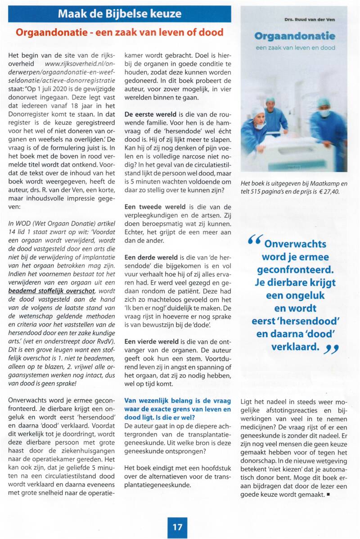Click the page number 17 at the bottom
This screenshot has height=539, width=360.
[178, 526]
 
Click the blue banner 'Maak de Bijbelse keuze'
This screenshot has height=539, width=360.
[119, 14]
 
